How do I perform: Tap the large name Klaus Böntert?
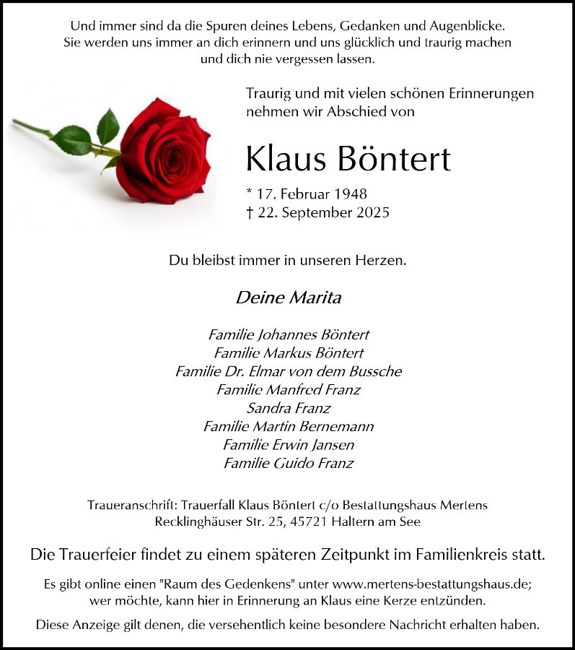point(348,158)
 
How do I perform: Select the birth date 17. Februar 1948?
point(306,194)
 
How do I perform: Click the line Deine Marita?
point(288,297)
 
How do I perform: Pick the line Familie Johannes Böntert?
point(289,334)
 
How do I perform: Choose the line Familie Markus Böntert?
point(289,353)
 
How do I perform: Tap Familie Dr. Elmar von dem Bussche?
point(289,371)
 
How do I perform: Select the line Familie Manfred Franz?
point(289,390)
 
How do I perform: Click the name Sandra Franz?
point(289,408)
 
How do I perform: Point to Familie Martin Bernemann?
point(289,427)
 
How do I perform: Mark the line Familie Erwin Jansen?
point(289,445)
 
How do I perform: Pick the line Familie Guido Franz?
point(289,463)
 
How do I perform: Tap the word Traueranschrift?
point(131,505)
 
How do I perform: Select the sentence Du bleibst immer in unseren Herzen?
point(288,260)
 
